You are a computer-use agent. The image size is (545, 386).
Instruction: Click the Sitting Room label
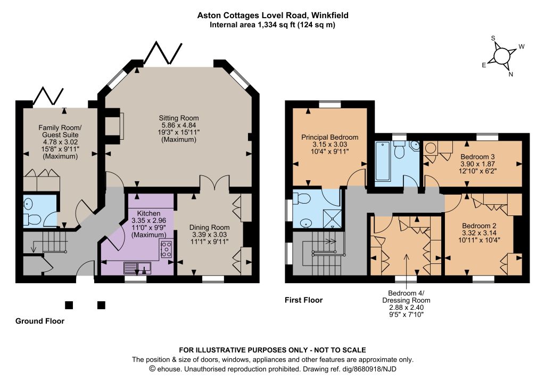click(179, 118)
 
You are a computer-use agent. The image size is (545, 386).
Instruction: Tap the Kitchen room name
click(149, 213)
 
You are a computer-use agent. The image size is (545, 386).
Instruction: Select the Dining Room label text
click(209, 228)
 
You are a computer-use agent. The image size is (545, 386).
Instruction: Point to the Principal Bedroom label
click(329, 137)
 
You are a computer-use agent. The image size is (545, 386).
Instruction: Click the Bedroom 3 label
click(477, 157)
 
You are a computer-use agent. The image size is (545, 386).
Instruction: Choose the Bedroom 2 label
click(479, 226)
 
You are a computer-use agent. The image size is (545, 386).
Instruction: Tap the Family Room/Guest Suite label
click(60, 131)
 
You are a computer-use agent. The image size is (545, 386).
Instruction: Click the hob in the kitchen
click(166, 249)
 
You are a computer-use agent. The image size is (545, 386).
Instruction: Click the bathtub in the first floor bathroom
click(383, 160)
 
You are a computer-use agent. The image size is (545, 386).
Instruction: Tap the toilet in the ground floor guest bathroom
click(32, 220)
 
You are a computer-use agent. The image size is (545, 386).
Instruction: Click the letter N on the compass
click(510, 74)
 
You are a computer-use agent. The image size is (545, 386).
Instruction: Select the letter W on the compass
click(522, 46)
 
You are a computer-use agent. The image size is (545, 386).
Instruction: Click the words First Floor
click(303, 300)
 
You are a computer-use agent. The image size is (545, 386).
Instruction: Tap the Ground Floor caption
click(39, 321)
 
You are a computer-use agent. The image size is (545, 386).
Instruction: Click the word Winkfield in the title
click(330, 15)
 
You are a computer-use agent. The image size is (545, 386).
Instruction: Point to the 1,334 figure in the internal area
click(266, 25)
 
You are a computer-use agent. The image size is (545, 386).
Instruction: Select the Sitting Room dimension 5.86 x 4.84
click(179, 125)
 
